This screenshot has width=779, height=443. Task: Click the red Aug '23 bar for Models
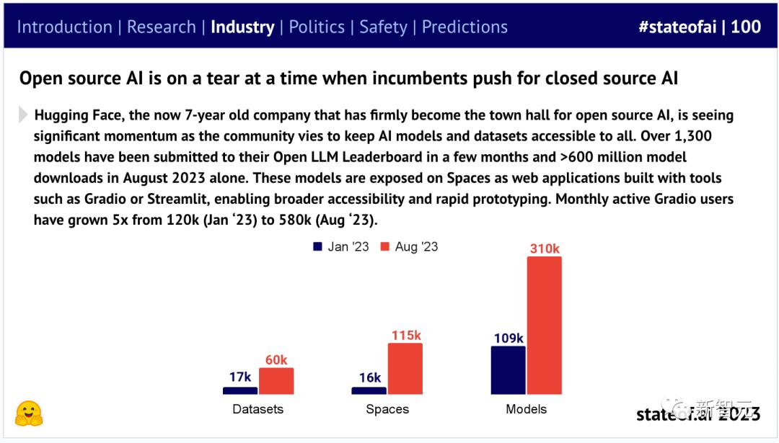(x=544, y=325)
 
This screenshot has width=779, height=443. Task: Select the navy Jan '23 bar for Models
(x=509, y=370)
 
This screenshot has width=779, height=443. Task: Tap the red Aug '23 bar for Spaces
(x=405, y=369)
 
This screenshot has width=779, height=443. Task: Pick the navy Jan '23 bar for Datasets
(x=240, y=390)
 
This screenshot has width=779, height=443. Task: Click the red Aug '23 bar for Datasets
(x=276, y=381)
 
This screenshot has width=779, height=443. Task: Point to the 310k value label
(x=545, y=249)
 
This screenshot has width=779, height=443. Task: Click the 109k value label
(x=509, y=338)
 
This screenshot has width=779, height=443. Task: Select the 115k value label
(x=405, y=335)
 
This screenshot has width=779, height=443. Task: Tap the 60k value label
(x=276, y=359)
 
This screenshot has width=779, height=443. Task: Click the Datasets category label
(x=258, y=409)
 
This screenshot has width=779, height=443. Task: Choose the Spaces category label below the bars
(x=387, y=409)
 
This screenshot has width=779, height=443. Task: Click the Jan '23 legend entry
(x=341, y=246)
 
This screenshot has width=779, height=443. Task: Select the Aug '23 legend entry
(x=409, y=246)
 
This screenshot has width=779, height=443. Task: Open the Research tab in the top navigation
(x=162, y=27)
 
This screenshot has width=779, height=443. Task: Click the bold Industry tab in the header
(x=242, y=27)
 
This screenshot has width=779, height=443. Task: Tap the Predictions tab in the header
(x=465, y=27)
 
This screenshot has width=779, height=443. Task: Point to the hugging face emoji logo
(x=29, y=413)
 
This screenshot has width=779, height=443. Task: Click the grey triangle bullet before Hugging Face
(x=24, y=115)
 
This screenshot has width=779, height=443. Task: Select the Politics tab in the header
(x=317, y=27)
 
